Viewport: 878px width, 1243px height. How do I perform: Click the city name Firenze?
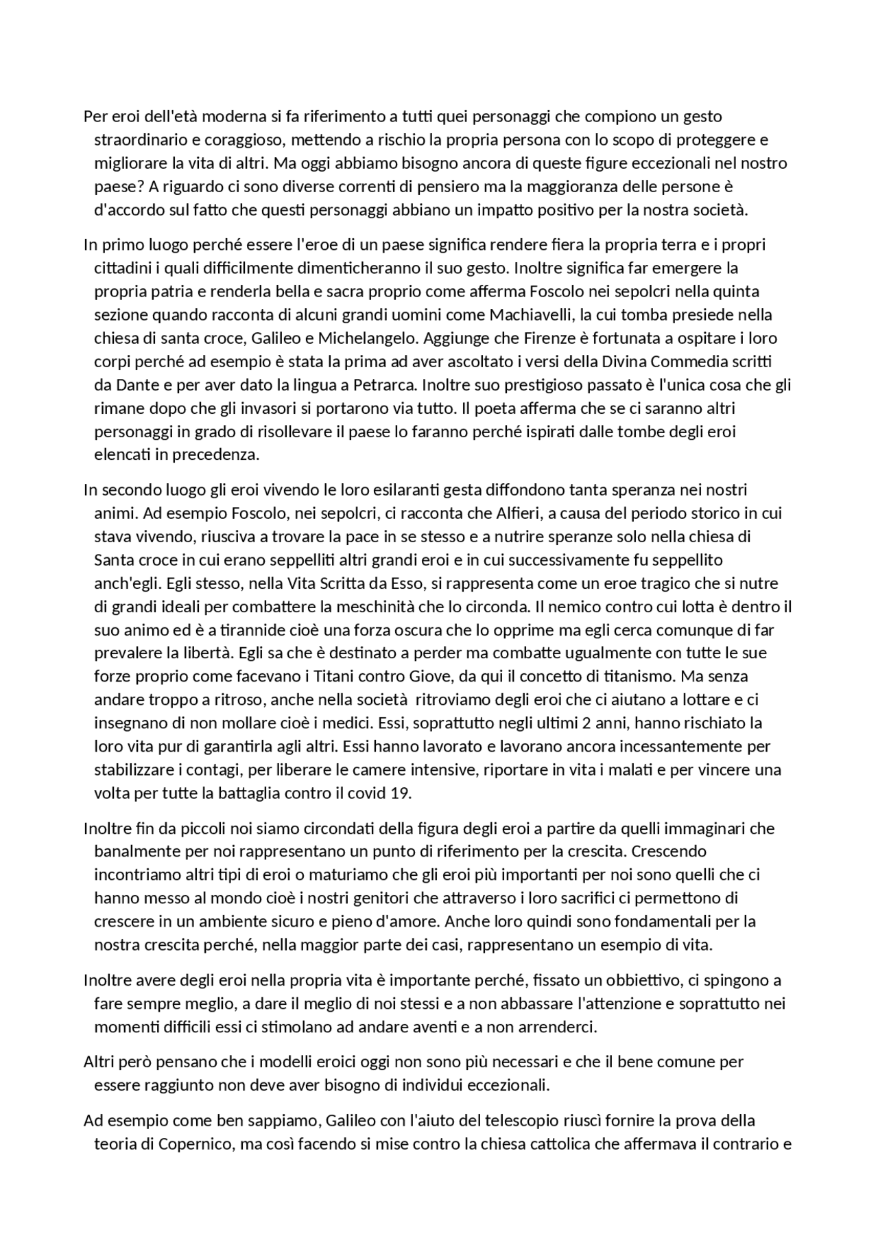coord(549,338)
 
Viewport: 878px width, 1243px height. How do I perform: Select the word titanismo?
coord(639,676)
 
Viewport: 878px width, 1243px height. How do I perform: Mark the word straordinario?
coord(140,140)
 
